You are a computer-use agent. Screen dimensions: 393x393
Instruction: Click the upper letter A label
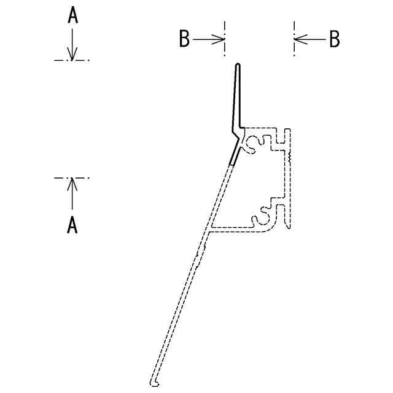[72, 17]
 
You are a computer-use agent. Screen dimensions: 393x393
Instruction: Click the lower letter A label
[72, 225]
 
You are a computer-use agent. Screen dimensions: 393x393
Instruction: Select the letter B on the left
[184, 39]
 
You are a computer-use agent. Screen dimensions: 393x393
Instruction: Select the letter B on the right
[334, 39]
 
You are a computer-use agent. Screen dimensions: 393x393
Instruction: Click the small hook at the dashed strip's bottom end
[155, 383]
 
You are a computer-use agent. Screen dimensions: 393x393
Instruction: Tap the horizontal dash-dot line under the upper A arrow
[72, 60]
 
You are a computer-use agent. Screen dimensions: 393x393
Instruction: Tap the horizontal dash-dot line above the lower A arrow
[72, 178]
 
